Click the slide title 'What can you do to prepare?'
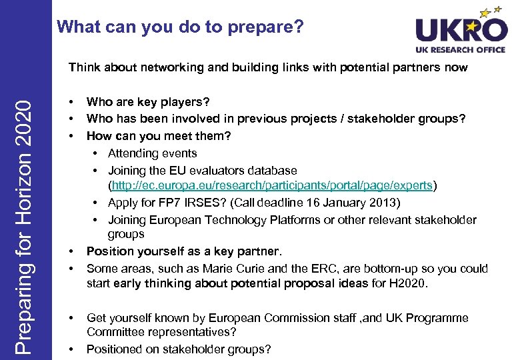[180, 27]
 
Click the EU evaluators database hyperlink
[273, 186]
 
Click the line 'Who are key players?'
[148, 102]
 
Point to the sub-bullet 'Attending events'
[153, 153]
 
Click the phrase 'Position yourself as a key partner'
[183, 251]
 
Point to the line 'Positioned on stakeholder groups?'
[179, 349]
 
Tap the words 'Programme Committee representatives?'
[163, 332]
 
